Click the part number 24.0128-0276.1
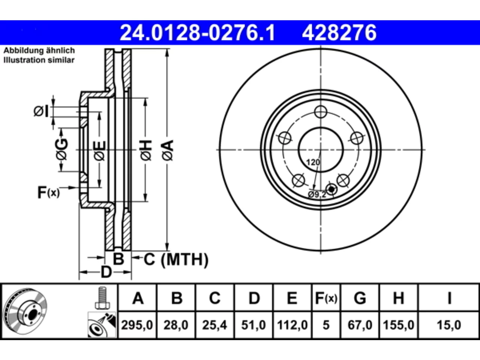click(x=197, y=33)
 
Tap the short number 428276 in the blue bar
click(x=339, y=33)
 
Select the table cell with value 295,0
click(x=137, y=325)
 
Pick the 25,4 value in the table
click(x=214, y=325)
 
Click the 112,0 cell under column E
click(x=292, y=325)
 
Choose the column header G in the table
click(x=360, y=298)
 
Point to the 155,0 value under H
click(x=398, y=325)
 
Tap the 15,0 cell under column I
click(x=449, y=325)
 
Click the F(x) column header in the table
click(x=326, y=298)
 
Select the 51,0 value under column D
click(x=253, y=325)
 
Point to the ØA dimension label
click(x=168, y=150)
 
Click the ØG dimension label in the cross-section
click(x=61, y=149)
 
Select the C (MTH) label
click(x=176, y=259)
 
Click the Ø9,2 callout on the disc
click(x=317, y=194)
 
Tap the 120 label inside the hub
click(x=313, y=162)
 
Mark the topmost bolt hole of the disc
click(x=321, y=112)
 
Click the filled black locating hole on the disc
click(x=331, y=189)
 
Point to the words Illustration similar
click(x=39, y=60)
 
